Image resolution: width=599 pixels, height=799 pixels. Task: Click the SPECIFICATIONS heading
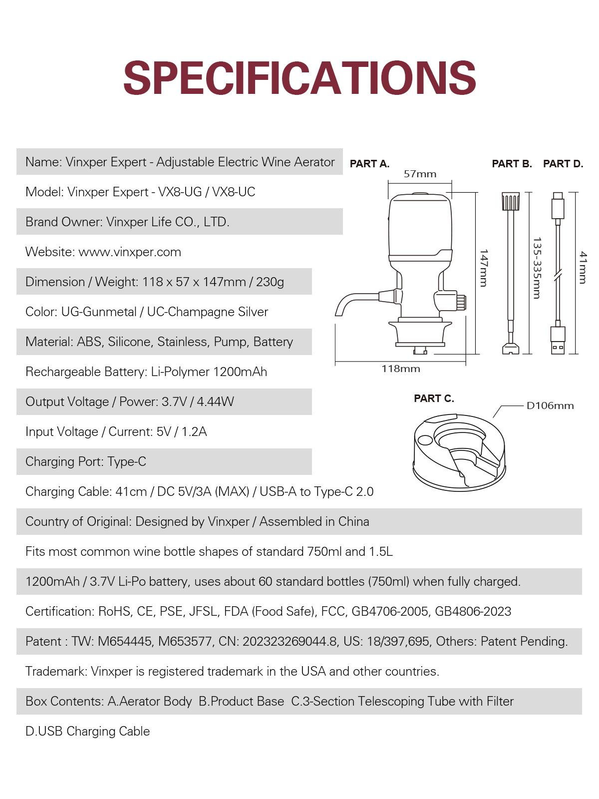[299, 78]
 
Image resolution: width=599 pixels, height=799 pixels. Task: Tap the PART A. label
[369, 164]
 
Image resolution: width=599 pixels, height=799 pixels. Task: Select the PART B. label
[512, 164]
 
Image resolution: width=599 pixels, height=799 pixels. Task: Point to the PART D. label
[563, 164]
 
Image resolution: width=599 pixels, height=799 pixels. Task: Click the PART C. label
[434, 399]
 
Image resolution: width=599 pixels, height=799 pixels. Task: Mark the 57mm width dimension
[420, 174]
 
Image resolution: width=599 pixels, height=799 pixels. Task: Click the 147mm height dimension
[483, 268]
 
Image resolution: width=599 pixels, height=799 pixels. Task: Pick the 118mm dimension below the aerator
[401, 369]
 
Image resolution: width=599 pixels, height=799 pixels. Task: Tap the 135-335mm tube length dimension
[537, 268]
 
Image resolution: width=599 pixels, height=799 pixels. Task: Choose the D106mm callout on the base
[550, 405]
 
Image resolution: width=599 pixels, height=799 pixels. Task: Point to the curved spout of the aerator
[349, 302]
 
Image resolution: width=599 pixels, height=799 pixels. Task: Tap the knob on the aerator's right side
[461, 301]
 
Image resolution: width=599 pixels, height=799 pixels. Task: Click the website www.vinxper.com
[130, 252]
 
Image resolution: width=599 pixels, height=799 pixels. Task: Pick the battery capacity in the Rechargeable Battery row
[240, 372]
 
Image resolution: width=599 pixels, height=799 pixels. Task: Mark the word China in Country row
[353, 521]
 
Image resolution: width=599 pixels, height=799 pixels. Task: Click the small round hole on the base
[425, 440]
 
